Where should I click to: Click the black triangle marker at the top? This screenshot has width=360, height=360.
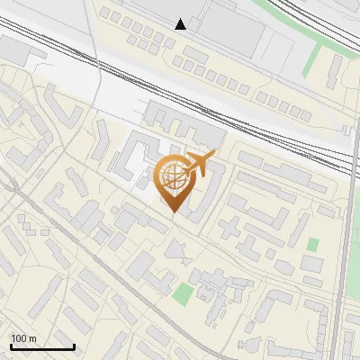click(181, 24)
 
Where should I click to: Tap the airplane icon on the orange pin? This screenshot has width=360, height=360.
click(199, 164)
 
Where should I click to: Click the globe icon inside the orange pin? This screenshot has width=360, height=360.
click(174, 177)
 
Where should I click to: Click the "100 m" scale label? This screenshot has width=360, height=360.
click(23, 338)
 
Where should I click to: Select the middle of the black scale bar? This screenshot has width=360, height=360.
click(42, 346)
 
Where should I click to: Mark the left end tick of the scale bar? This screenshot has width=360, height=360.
click(11, 345)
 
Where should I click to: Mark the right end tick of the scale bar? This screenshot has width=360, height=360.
click(74, 345)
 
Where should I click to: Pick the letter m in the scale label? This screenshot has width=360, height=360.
click(31, 338)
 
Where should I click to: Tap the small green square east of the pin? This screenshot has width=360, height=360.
click(312, 244)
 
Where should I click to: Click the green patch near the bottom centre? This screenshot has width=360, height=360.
click(184, 293)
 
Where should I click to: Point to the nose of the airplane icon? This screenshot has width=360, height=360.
click(214, 156)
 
